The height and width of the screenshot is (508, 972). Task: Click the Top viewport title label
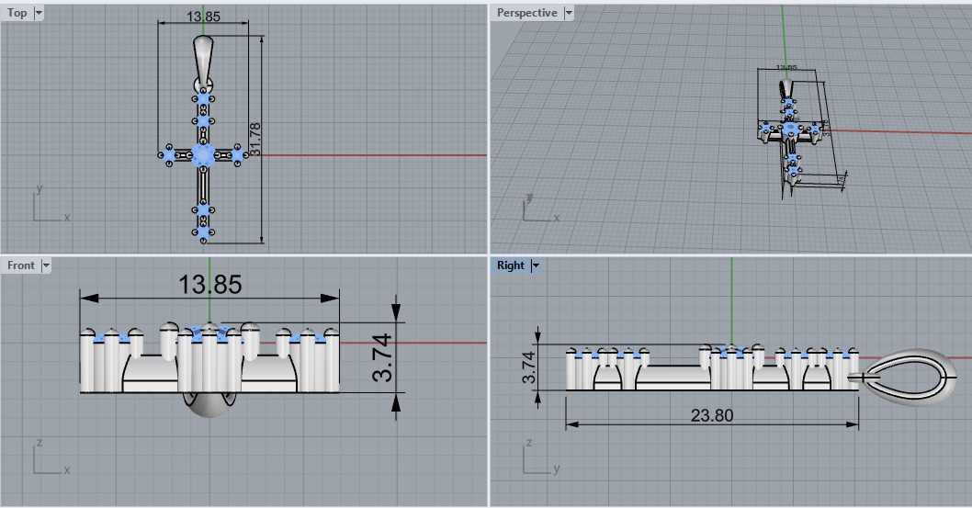[17, 13]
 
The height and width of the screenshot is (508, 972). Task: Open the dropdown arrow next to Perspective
[569, 13]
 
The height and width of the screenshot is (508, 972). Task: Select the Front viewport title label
[21, 265]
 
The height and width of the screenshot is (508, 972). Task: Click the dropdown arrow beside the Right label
[536, 265]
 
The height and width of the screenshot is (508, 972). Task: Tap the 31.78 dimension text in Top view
[255, 139]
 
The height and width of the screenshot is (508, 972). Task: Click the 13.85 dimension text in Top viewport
[203, 17]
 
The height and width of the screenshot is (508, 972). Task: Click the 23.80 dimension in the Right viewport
[712, 415]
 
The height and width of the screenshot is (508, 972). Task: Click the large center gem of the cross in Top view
[203, 154]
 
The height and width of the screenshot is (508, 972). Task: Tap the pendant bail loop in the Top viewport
[204, 57]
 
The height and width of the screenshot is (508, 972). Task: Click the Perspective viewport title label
[526, 13]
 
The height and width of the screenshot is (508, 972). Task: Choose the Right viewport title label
[510, 265]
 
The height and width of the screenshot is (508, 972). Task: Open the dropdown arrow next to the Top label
[38, 13]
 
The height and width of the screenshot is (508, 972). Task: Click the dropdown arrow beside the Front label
[45, 265]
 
